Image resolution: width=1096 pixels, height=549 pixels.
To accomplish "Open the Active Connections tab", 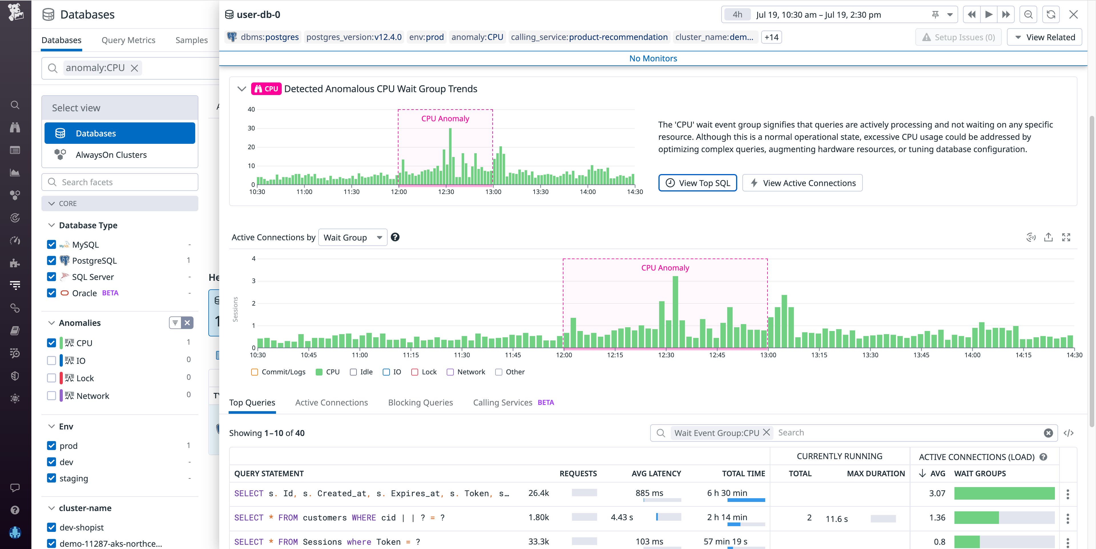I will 331,402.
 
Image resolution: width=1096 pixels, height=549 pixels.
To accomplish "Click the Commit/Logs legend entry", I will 278,372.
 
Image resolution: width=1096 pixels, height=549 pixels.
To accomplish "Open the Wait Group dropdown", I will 352,237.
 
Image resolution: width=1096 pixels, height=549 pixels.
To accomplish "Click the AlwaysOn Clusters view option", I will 111,155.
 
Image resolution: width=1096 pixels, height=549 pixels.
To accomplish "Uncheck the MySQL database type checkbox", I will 51,245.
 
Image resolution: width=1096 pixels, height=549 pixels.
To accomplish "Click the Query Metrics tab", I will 128,40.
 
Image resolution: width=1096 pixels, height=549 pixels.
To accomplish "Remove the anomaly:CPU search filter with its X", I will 134,68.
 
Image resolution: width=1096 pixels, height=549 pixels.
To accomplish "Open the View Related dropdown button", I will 1045,37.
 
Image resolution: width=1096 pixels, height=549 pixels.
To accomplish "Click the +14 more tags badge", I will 771,37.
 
